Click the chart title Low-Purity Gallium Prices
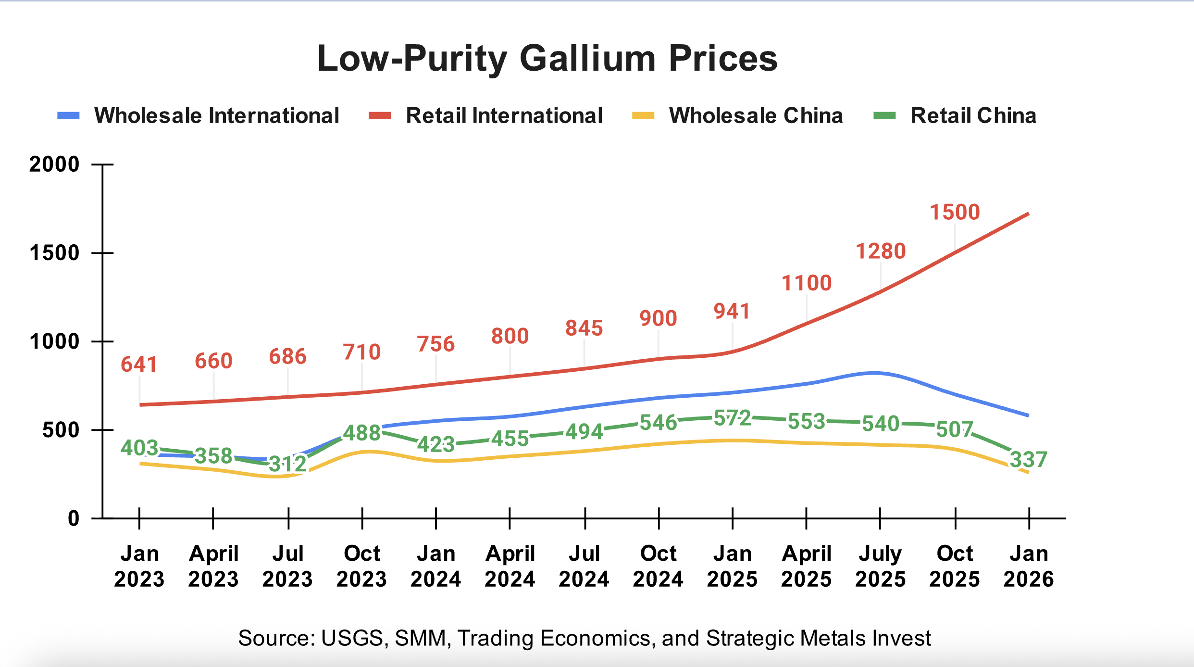[x=547, y=59]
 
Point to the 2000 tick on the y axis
[x=54, y=164]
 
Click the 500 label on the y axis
[x=61, y=430]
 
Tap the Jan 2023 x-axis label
[x=139, y=566]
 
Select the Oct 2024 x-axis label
[x=658, y=566]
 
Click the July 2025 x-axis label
[x=880, y=566]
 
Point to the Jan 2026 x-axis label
[x=1028, y=566]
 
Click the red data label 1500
[x=955, y=212]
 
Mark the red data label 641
[x=139, y=365]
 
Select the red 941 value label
[x=732, y=312]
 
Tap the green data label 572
[x=732, y=418]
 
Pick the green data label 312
[x=287, y=464]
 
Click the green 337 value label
[x=1028, y=460]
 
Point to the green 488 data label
[x=362, y=433]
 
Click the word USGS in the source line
[x=351, y=638]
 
